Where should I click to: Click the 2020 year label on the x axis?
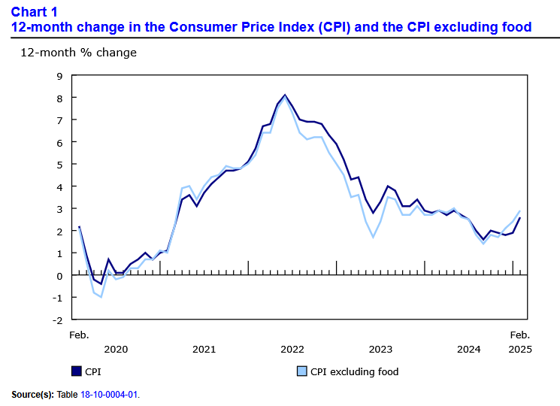116,349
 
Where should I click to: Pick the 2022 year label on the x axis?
292,349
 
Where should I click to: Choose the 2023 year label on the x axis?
380,349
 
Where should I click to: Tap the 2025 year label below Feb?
520,349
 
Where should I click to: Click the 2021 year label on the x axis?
204,349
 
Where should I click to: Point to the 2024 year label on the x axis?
469,349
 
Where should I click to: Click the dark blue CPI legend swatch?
76,371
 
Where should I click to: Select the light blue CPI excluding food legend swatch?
302,371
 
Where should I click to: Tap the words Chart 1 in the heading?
34,12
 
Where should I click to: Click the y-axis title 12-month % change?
78,53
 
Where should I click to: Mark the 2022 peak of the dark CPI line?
285,95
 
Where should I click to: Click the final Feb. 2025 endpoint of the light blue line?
520,211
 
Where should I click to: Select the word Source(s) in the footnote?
32,394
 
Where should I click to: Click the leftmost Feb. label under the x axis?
79,334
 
